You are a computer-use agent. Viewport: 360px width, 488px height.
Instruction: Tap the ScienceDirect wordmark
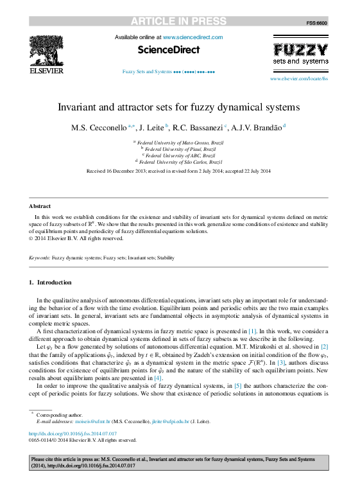[x=169, y=49]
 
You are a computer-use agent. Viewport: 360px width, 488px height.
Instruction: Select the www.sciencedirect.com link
[x=193, y=38]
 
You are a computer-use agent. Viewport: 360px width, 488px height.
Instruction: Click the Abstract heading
[x=40, y=206]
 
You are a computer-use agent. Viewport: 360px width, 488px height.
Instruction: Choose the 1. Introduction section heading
[x=51, y=283]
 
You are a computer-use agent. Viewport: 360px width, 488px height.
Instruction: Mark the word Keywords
[x=40, y=257]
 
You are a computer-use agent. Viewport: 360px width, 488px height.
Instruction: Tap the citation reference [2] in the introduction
[x=325, y=346]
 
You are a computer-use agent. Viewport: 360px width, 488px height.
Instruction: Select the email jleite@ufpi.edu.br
[x=169, y=421]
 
